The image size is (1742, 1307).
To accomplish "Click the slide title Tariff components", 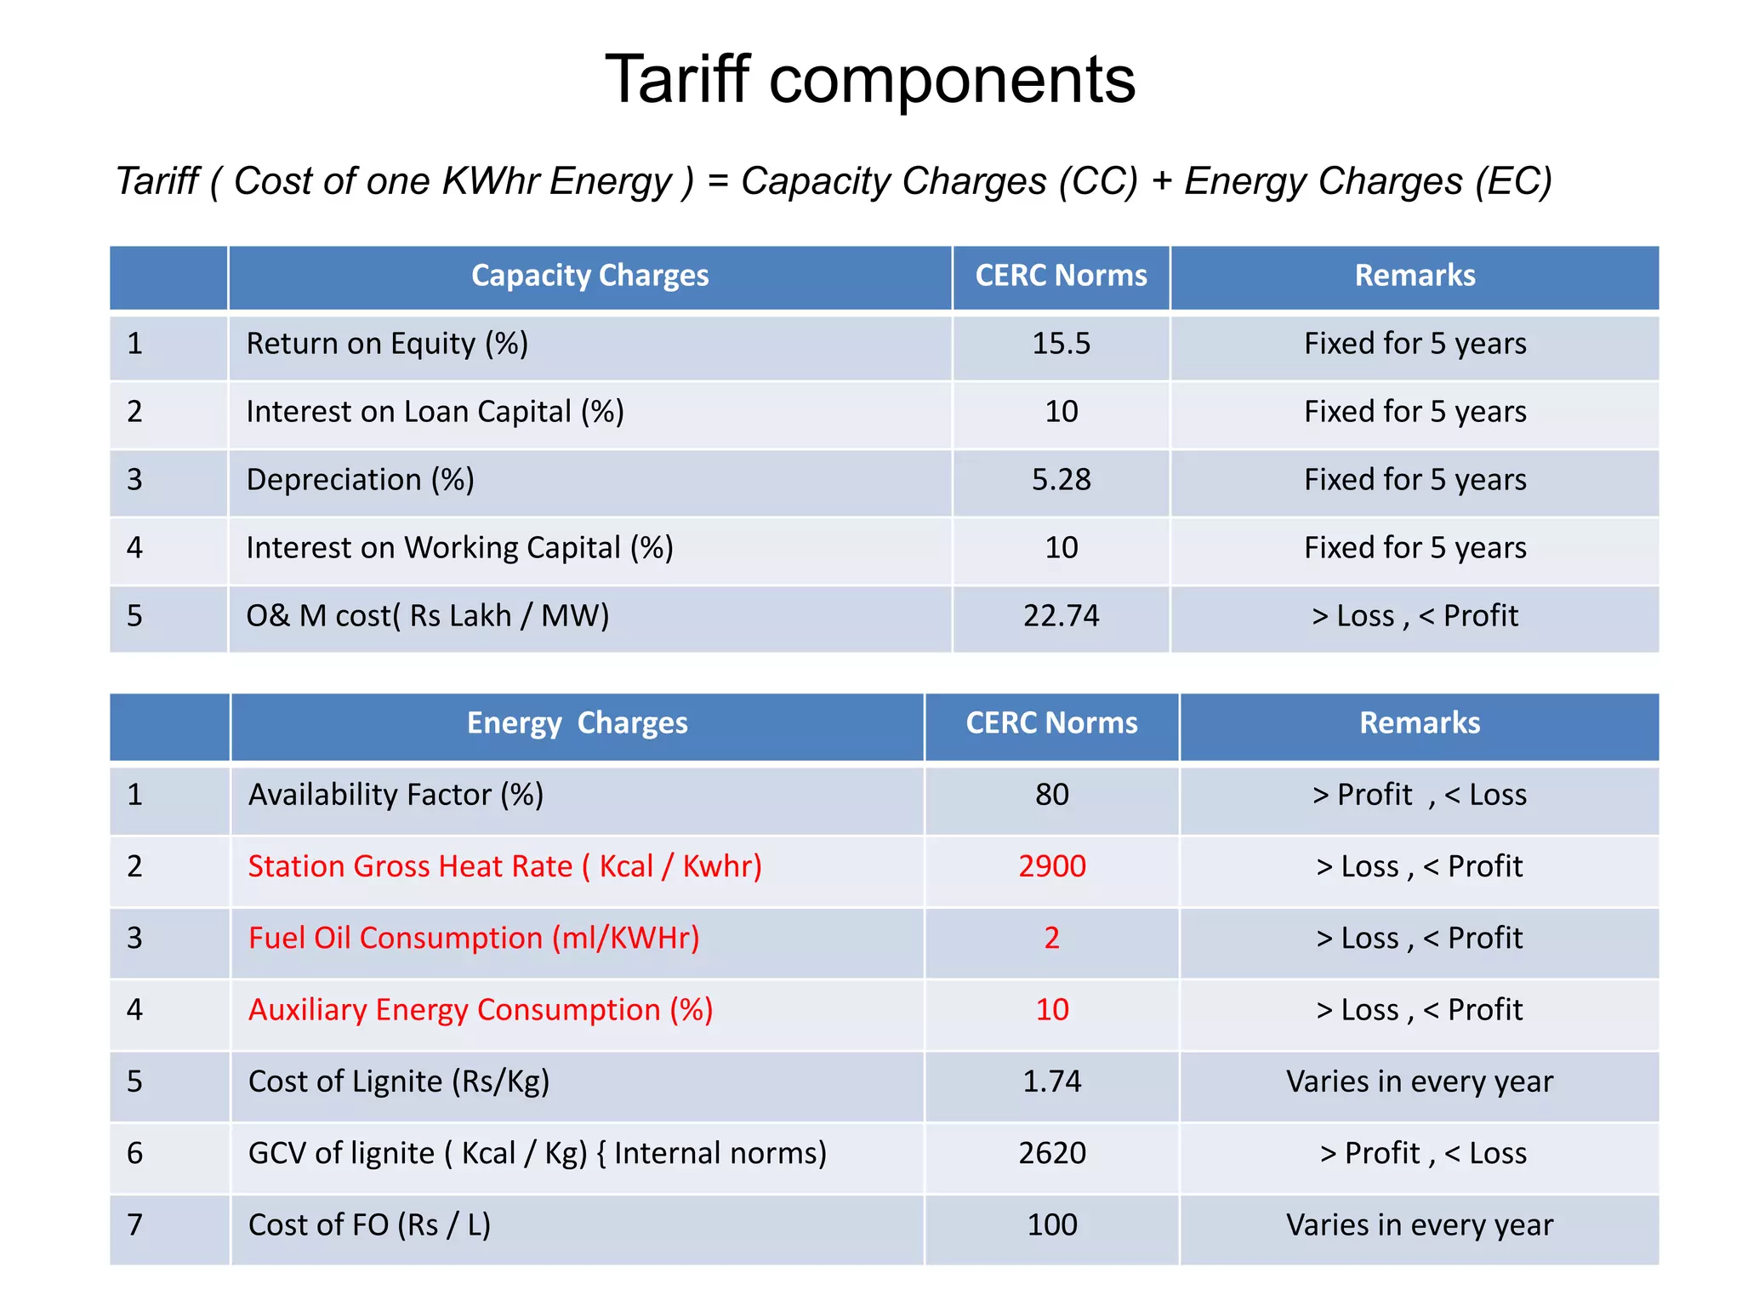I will point(869,79).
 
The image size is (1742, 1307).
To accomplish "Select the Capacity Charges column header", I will point(589,276).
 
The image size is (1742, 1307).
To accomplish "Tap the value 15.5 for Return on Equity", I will point(1061,344).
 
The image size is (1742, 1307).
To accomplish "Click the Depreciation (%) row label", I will point(360,480).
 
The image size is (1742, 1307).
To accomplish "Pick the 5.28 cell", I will point(1061,480).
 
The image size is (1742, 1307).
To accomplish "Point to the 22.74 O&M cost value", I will point(1061,616).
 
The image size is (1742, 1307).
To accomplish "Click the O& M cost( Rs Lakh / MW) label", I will point(427,616).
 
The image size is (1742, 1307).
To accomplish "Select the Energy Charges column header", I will point(577,723).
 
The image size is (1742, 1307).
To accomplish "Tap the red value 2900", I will point(1052,866).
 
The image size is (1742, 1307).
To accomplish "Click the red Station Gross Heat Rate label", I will point(504,866).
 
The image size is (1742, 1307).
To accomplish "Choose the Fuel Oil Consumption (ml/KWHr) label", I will point(474,938).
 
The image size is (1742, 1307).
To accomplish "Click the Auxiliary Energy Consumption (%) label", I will point(481,1010).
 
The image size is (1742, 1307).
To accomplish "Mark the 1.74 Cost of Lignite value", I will point(1052,1082).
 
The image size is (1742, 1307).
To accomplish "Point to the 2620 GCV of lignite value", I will point(1052,1153).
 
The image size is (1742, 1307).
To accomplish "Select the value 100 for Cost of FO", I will point(1052,1225).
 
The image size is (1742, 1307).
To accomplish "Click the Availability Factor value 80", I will point(1052,795).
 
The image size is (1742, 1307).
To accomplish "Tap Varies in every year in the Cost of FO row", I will point(1419,1225).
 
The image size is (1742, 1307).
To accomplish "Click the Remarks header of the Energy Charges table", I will point(1419,723).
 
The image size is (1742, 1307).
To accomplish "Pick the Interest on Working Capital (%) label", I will point(459,548).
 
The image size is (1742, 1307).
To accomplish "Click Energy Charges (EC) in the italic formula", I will point(1368,181).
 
